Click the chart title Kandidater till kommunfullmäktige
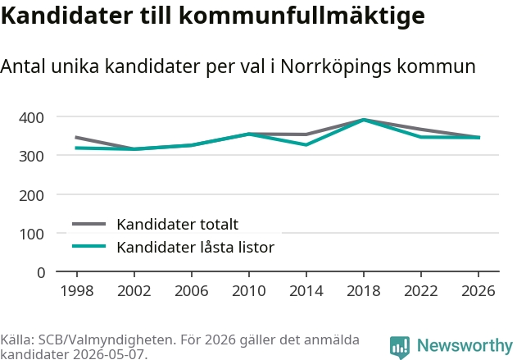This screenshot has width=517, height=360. [213, 16]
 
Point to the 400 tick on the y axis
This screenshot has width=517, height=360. [31, 118]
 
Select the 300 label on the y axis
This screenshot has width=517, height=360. [31, 157]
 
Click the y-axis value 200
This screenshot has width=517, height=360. [31, 196]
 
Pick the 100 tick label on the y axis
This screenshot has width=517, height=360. [31, 235]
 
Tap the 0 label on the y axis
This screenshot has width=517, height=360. [41, 273]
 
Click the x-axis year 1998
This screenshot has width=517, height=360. [77, 291]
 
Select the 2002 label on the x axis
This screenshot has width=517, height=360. [134, 291]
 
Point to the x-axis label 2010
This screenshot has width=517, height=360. [249, 291]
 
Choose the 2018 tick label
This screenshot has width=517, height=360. [364, 291]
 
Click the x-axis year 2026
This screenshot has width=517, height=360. [478, 291]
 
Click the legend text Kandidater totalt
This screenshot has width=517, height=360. [178, 225]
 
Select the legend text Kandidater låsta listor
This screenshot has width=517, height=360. [196, 247]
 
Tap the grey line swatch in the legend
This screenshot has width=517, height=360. [89, 224]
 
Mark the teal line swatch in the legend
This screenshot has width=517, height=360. [89, 247]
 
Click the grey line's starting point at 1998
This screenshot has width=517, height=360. [76, 137]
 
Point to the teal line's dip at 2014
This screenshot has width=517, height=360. [306, 145]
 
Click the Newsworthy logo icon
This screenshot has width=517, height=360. [400, 347]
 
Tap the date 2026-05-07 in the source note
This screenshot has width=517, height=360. [108, 354]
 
